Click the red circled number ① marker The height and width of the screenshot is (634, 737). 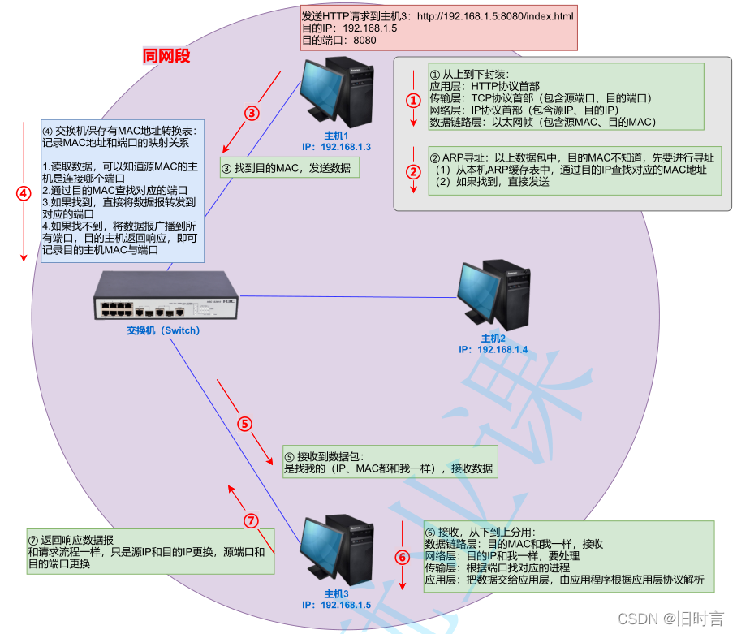(413, 101)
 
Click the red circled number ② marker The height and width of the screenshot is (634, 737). (413, 172)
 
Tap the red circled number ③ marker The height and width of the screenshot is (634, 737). (252, 113)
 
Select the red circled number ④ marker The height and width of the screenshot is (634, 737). (24, 193)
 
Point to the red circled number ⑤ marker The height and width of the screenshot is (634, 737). (244, 423)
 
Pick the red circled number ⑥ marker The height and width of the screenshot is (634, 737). (402, 557)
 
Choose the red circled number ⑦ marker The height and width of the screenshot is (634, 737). (251, 520)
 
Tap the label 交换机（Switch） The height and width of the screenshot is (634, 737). (162, 330)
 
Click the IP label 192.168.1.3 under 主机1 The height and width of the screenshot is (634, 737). (336, 147)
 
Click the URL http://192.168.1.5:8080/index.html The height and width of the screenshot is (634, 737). (495, 15)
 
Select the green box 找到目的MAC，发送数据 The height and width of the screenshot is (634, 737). (289, 169)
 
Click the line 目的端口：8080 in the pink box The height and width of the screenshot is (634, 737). (340, 40)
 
